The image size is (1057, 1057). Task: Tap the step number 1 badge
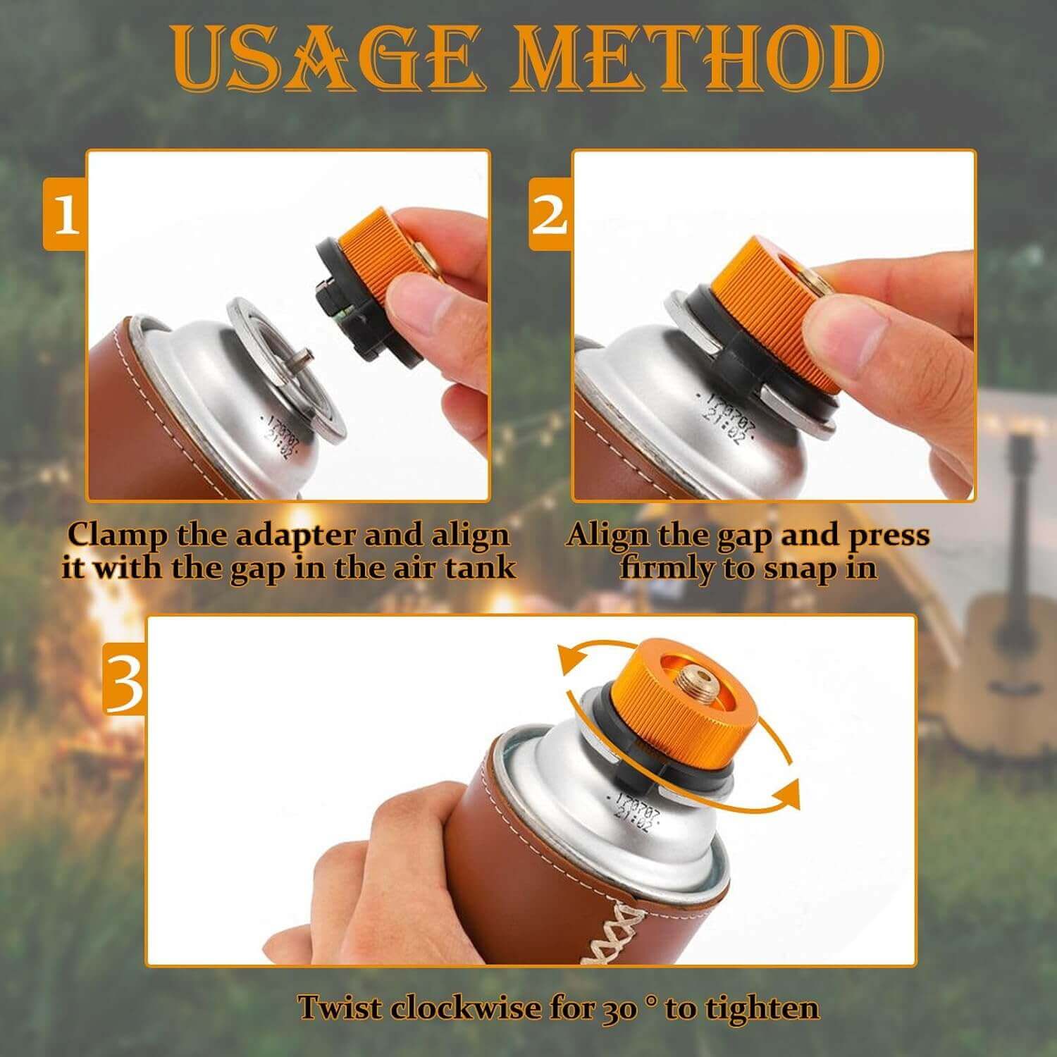pyautogui.click(x=66, y=214)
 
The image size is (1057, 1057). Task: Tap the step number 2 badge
pyautogui.click(x=550, y=214)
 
